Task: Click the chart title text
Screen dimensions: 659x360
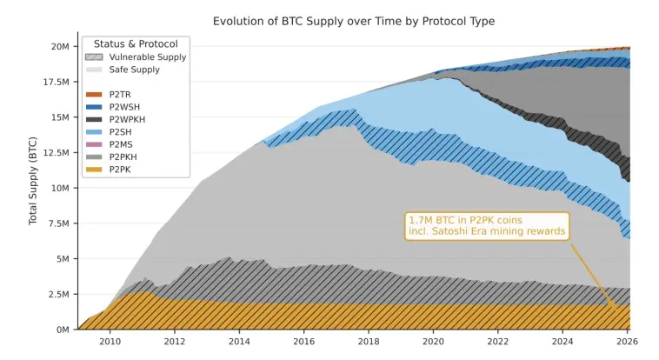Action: [354, 21]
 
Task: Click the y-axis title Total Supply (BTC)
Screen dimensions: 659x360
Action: [33, 180]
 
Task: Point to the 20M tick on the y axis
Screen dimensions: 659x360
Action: [60, 46]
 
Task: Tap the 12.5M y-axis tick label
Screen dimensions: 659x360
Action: [57, 153]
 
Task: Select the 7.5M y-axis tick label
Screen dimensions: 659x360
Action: [59, 223]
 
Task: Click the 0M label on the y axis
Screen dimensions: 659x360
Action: [63, 330]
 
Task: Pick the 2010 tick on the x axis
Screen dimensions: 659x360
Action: [110, 341]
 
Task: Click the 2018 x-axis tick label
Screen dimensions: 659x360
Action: [369, 341]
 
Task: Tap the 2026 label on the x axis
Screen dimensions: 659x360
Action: [627, 341]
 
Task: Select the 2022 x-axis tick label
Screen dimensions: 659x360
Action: [497, 341]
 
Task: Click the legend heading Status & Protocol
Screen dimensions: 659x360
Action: [136, 44]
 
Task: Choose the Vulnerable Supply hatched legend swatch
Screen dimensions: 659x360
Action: [94, 57]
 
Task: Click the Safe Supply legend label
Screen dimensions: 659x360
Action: [135, 70]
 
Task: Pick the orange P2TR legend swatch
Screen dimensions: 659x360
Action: [94, 95]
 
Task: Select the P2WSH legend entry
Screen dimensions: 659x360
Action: [113, 107]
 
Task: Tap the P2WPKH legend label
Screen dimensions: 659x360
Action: [127, 120]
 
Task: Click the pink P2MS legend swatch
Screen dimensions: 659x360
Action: [94, 144]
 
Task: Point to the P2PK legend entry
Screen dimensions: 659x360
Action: [108, 170]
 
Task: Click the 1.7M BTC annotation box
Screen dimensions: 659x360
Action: [487, 226]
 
